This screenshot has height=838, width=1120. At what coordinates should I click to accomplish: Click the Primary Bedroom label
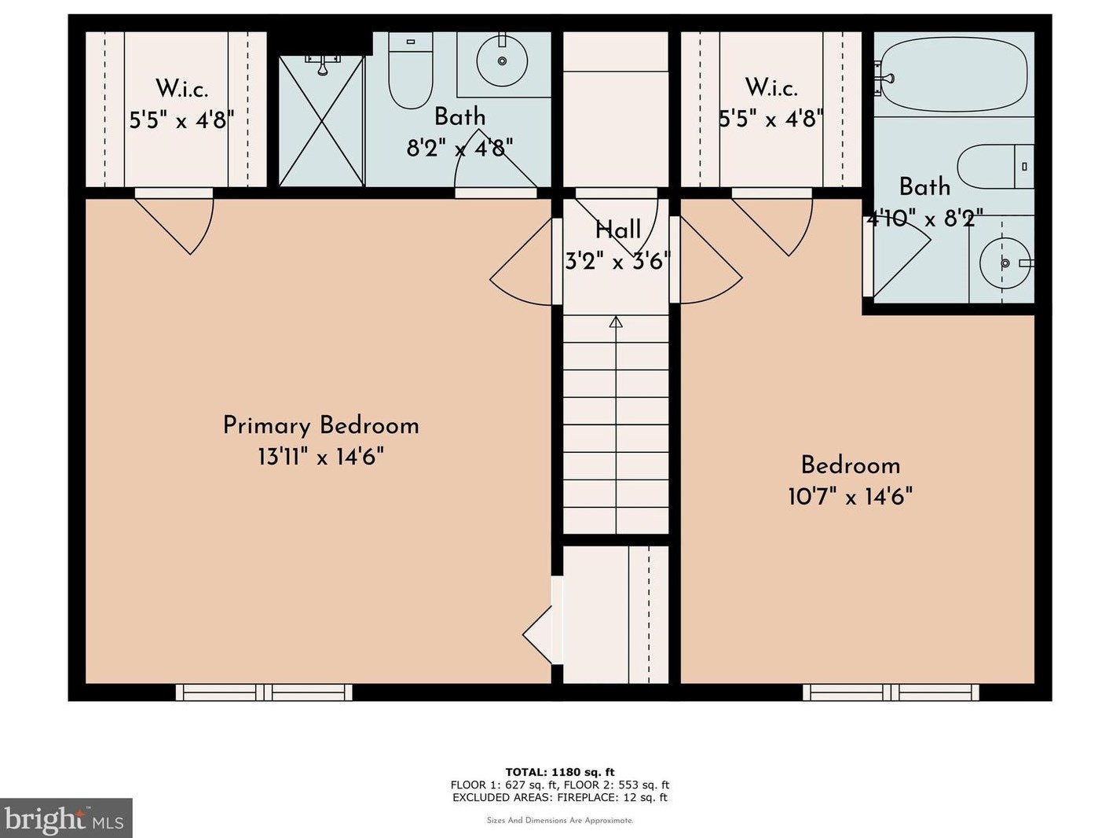pos(321,426)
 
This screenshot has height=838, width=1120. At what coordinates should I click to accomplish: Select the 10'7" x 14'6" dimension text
pos(850,496)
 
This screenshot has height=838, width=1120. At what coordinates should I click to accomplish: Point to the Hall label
pos(618,230)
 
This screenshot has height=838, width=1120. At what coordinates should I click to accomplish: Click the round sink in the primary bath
pos(502,61)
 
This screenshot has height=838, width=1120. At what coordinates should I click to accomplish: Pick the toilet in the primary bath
pos(411,70)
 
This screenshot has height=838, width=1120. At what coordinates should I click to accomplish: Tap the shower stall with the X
pos(321,121)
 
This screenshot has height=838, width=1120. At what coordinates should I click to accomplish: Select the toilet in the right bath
pos(995,167)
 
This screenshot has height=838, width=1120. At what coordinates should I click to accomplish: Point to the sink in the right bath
pos(1005,263)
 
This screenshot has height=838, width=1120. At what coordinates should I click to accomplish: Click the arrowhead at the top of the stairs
pos(617,322)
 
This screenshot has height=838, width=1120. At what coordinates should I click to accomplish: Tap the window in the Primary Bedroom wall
pos(264,693)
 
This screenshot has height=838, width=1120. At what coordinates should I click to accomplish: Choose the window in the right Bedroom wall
pos(891,693)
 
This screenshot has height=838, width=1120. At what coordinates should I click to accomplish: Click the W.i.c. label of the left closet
pos(182,89)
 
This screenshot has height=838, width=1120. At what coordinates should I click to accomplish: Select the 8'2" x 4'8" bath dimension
pos(459,149)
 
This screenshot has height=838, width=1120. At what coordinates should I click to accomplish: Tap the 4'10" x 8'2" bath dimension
pos(925,219)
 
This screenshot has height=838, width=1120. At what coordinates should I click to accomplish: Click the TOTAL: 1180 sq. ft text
pos(560,772)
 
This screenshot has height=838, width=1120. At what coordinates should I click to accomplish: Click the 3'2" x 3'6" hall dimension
pos(617,262)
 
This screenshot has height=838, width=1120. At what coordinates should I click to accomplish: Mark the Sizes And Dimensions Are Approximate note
pos(560,821)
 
